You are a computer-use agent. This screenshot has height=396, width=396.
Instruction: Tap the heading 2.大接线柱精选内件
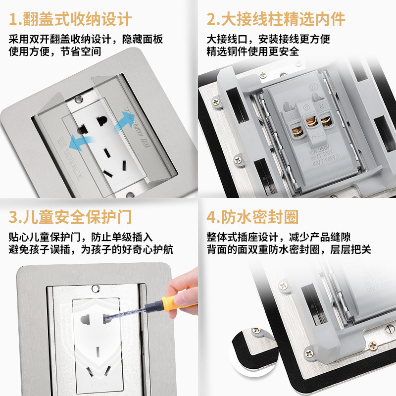[276, 19]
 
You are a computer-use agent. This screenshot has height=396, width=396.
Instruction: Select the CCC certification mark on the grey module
[314, 86]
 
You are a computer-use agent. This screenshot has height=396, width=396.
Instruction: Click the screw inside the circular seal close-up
[257, 330]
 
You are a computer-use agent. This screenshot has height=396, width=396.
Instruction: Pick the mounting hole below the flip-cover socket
[130, 194]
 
